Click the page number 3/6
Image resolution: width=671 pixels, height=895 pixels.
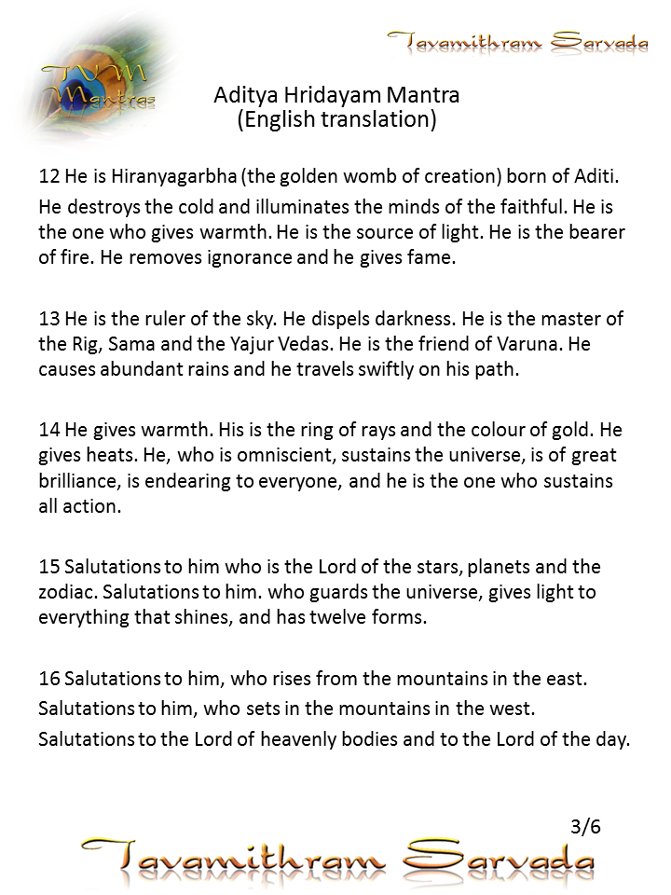tap(585, 826)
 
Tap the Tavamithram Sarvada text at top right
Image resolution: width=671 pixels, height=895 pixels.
tap(518, 42)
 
